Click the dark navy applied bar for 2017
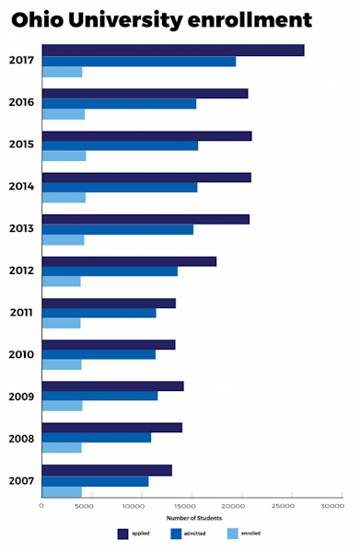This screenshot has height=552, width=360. pos(173,50)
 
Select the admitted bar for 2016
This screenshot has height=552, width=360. pos(119,104)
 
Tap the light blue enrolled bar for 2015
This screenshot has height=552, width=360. pos(64,155)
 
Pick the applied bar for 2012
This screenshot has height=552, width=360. pos(129,261)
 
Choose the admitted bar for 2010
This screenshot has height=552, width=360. pos(99,354)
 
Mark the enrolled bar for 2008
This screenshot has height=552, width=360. pos(62,448)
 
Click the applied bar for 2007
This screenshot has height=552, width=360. pos(107,470)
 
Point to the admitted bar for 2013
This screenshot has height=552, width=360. pos(118,229)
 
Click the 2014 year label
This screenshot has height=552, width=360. pos(22,186)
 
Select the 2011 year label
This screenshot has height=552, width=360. pos(22,313)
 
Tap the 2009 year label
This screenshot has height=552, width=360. pos(22,397)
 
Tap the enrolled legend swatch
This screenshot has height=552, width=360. pos(232,534)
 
